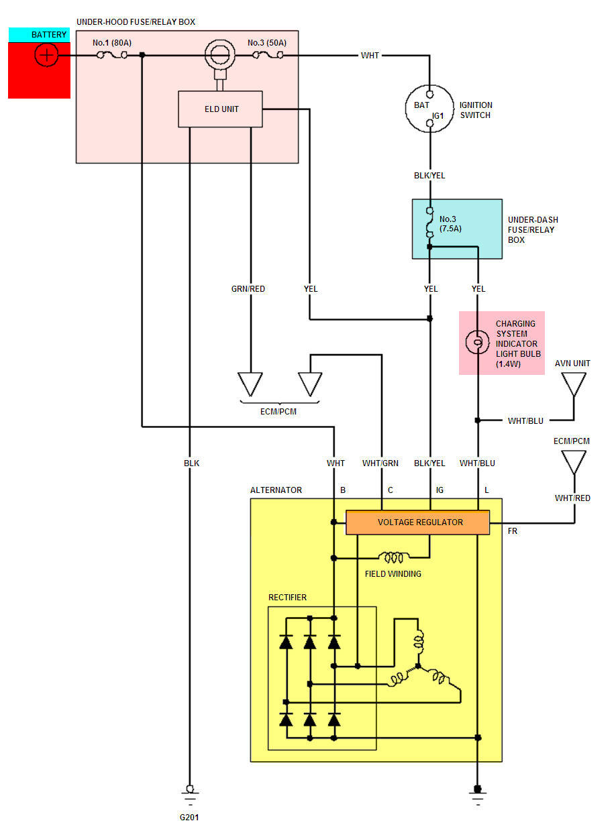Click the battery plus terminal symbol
point(46,55)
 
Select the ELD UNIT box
point(220,109)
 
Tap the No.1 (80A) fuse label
point(112,43)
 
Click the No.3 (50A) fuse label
point(267,43)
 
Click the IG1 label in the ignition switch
point(438,116)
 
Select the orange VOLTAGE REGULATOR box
point(417,522)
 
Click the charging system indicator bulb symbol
point(477,342)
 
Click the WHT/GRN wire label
point(380,463)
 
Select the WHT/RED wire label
point(572,498)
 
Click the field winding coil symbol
point(393,557)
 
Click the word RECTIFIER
point(287,598)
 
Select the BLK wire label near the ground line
point(191,463)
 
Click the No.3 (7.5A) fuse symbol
point(429,223)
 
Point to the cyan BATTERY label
point(40,34)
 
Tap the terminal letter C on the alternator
point(391,490)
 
